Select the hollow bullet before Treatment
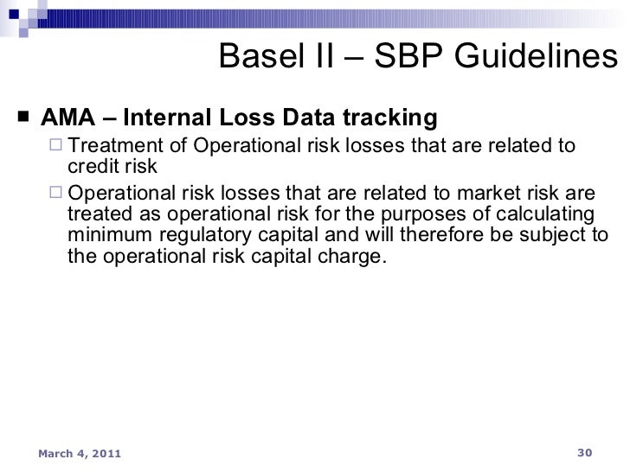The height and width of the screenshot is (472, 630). click(56, 144)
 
